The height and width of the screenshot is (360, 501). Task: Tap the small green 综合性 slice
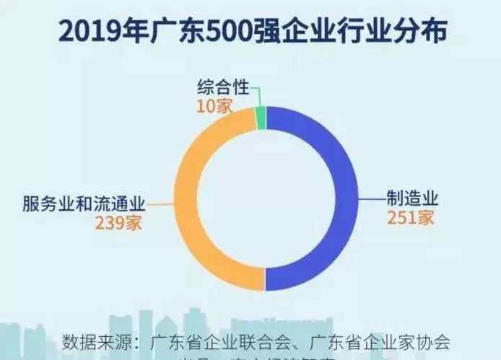pos(261,117)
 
